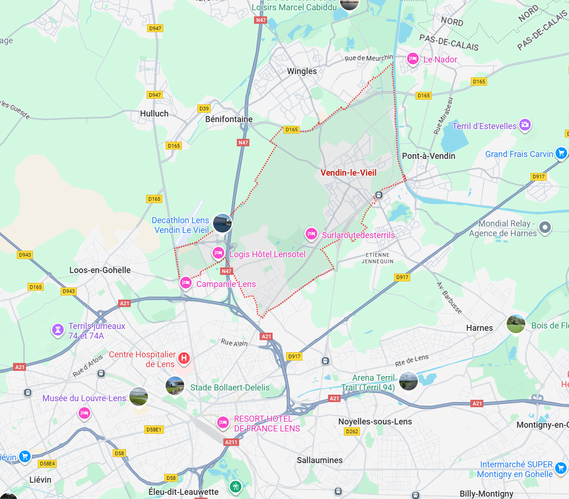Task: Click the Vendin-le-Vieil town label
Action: [x=348, y=173]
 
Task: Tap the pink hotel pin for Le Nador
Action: [x=412, y=59]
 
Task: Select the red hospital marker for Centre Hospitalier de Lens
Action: [x=184, y=358]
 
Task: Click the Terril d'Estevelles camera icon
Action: [x=525, y=125]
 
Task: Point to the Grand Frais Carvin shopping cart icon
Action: [x=561, y=153]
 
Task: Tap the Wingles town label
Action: [x=302, y=71]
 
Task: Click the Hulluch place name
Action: [x=154, y=114]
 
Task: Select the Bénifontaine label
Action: [x=229, y=119]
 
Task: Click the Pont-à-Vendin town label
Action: [x=428, y=156]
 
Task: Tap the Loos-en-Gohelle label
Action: [x=100, y=270]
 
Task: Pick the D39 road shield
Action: [x=204, y=109]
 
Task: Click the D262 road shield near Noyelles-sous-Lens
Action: [x=352, y=431]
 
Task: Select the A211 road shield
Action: [x=231, y=442]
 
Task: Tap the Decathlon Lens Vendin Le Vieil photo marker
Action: [x=222, y=223]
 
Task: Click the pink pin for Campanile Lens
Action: [x=186, y=283]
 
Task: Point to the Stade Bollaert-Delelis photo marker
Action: [x=175, y=386]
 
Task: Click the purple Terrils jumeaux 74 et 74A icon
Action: [x=58, y=330]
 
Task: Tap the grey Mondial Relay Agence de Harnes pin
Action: [x=545, y=227]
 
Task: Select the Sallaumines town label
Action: [x=320, y=460]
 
